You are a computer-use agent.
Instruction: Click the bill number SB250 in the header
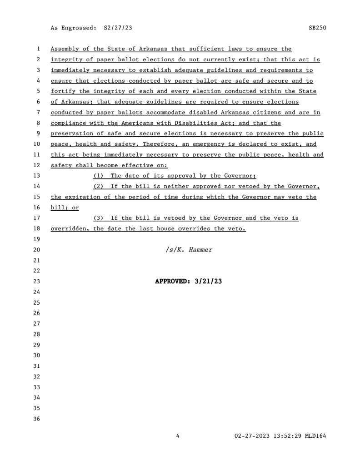317,28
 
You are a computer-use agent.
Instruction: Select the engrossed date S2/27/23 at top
118,28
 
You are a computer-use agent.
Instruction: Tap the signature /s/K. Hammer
189,250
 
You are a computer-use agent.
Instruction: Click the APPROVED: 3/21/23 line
189,282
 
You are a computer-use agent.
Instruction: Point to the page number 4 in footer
178,436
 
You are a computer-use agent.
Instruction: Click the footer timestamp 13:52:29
289,436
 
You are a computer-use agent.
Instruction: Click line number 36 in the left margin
37,419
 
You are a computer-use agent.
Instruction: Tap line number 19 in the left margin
37,239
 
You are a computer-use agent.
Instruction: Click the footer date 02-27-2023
252,436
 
